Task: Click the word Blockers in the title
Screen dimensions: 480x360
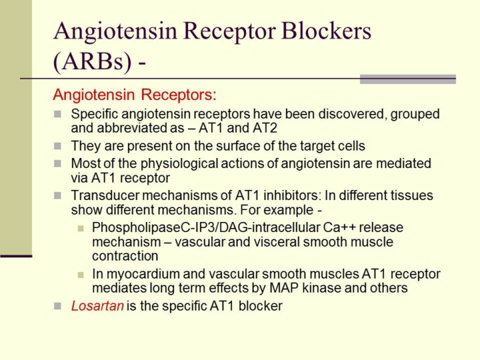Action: [326, 31]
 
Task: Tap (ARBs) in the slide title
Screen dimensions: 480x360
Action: [92, 61]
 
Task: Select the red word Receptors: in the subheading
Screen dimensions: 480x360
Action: [179, 95]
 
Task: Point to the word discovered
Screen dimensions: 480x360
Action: [353, 114]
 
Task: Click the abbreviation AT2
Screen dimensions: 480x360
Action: [265, 128]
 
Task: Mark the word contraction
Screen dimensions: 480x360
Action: [125, 256]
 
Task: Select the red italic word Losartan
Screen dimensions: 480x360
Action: [97, 306]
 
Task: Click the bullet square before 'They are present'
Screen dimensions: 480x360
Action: [57, 146]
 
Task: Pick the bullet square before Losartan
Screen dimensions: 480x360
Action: [57, 306]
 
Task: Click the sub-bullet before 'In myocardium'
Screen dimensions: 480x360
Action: [81, 275]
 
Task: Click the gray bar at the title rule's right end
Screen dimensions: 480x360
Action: [408, 79]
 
